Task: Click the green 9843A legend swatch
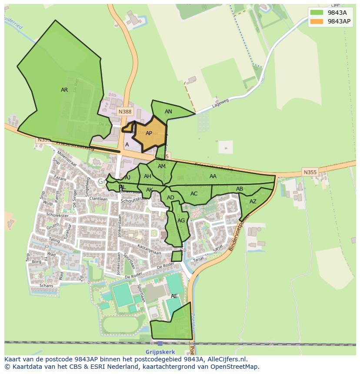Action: tap(317, 12)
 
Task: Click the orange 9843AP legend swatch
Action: tap(317, 21)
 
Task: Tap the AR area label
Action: tap(64, 90)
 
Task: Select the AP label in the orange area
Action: tap(149, 133)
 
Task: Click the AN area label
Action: tap(168, 112)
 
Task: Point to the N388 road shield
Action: tap(125, 112)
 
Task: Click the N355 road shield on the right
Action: tap(310, 172)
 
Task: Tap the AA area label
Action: tap(213, 176)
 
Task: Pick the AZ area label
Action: tap(253, 202)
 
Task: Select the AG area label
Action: tap(181, 221)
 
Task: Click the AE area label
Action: tap(174, 296)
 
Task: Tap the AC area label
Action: tap(194, 194)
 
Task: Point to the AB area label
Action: tap(239, 189)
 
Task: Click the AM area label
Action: tap(162, 166)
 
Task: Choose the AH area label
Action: tap(147, 176)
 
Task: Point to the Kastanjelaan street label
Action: tap(149, 251)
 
